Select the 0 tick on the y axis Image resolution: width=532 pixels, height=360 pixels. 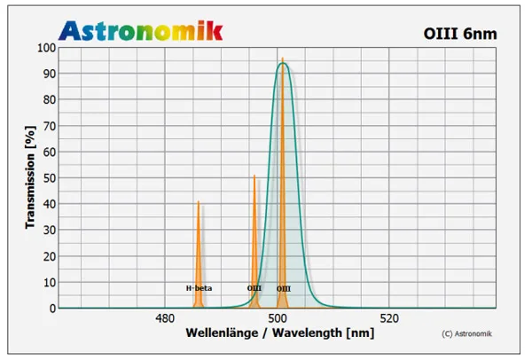pyautogui.click(x=52, y=309)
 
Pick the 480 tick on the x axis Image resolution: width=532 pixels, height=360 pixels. pyautogui.click(x=164, y=319)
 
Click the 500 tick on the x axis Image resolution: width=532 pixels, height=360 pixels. pyautogui.click(x=278, y=319)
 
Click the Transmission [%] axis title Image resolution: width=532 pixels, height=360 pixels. pyautogui.click(x=30, y=178)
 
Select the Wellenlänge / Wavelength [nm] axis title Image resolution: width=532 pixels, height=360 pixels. pyautogui.click(x=279, y=334)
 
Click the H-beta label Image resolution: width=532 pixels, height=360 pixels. pyautogui.click(x=199, y=288)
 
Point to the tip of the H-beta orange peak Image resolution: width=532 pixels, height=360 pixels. pyautogui.click(x=199, y=202)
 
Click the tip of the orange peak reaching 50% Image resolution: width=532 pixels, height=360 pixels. pyautogui.click(x=254, y=176)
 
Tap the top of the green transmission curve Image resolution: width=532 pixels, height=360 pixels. pyautogui.click(x=284, y=63)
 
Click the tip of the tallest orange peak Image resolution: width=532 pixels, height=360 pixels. pyautogui.click(x=283, y=59)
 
